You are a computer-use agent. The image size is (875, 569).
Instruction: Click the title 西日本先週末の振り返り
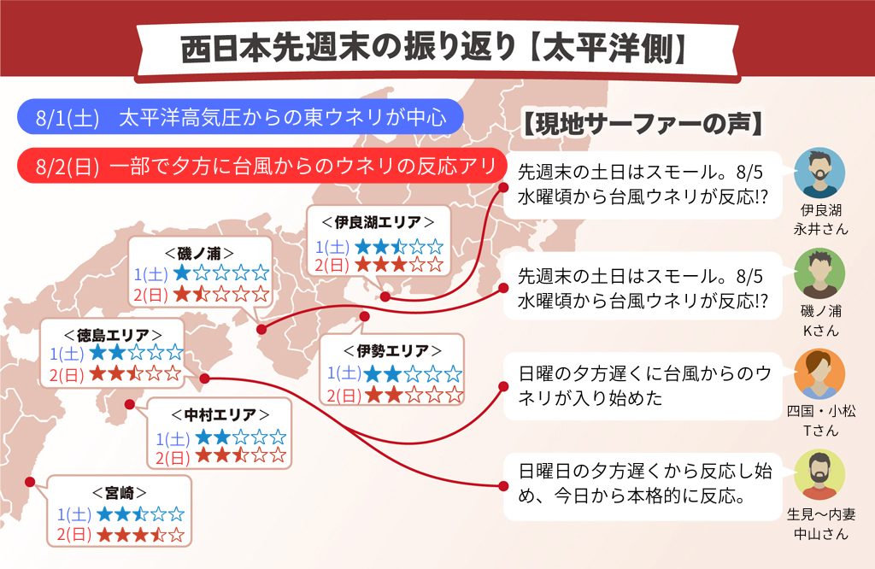[349, 49]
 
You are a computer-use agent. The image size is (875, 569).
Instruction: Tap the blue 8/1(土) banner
[240, 117]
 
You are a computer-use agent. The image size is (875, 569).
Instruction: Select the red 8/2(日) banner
[261, 166]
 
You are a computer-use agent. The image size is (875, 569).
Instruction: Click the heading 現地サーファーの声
[643, 124]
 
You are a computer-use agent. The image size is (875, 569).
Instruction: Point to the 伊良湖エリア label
[378, 222]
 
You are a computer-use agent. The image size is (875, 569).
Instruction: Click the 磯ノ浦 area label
[199, 253]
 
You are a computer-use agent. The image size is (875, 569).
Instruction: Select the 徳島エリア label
[113, 335]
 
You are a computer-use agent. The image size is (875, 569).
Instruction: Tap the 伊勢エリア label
[392, 350]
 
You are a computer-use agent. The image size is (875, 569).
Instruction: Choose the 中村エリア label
[220, 414]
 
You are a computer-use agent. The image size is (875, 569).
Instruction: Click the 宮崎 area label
[120, 493]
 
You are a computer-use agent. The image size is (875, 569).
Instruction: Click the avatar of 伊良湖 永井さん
[819, 173]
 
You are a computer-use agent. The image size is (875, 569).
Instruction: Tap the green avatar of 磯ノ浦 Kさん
[819, 273]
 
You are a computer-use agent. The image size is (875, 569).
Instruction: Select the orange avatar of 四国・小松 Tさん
[819, 373]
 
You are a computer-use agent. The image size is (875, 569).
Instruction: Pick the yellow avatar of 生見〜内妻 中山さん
[819, 474]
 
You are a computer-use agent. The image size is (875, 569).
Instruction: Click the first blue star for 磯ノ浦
[182, 273]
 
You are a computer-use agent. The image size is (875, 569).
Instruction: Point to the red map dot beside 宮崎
[30, 482]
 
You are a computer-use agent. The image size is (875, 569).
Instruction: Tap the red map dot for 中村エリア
[130, 404]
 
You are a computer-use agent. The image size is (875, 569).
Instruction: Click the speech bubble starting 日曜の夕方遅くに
[643, 386]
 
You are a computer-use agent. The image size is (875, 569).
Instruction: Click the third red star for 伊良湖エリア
[398, 264]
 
